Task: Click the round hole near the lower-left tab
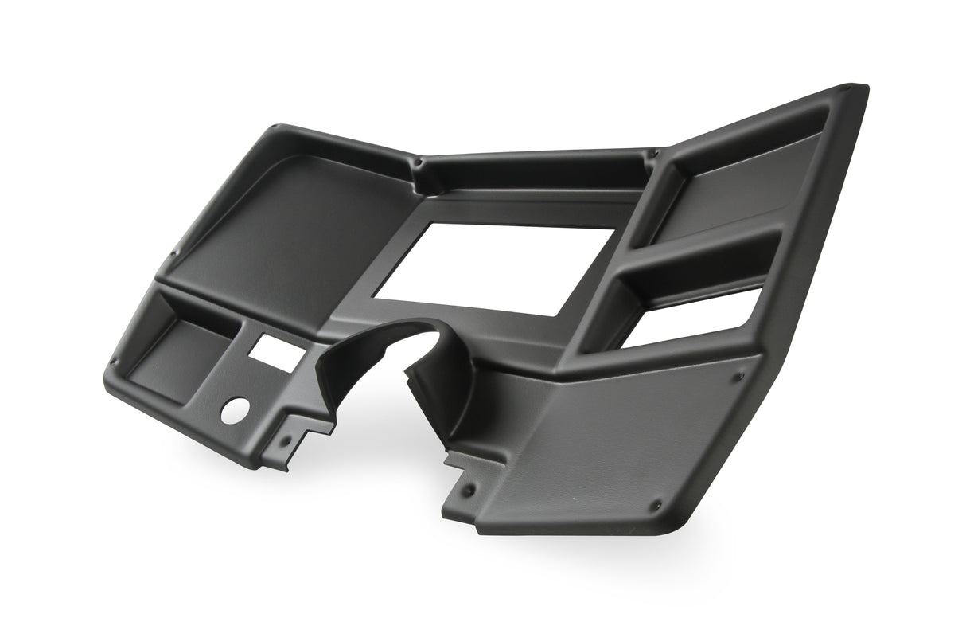coord(236,409)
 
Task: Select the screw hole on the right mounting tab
coord(469,488)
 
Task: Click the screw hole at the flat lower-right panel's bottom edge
coord(656,505)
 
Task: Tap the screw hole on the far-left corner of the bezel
coord(114,362)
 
